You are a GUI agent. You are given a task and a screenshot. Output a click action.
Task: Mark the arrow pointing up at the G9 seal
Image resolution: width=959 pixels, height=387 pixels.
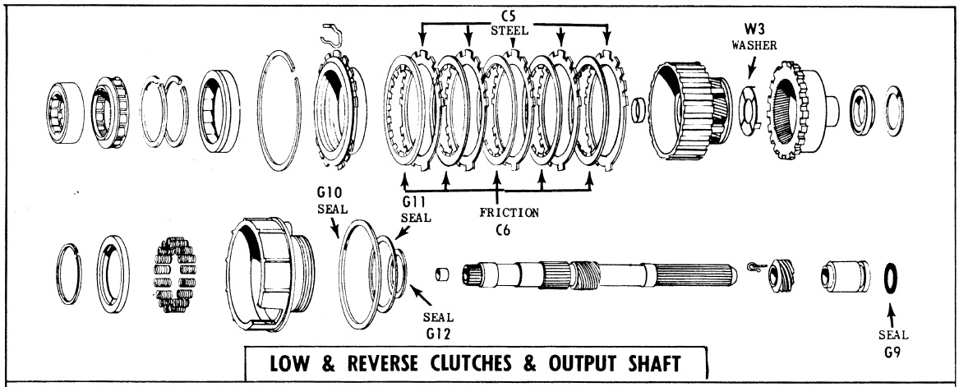tap(891, 311)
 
